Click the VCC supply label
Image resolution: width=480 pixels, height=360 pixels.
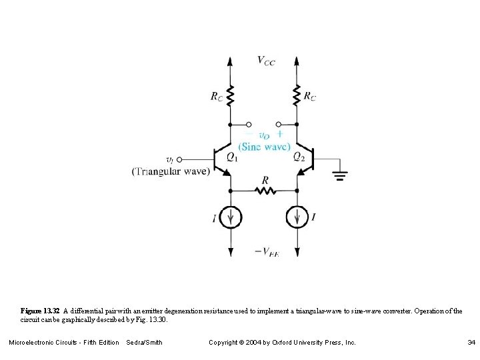tap(265, 61)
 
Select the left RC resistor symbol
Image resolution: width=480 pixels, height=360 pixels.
tap(231, 95)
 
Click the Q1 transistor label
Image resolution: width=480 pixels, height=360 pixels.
tap(231, 157)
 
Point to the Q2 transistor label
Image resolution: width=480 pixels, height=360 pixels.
tap(299, 157)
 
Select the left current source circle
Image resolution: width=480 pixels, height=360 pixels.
tap(231, 217)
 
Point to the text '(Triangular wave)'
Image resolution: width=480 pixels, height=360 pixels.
tap(171, 171)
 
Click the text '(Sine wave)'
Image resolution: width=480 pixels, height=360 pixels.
tap(264, 146)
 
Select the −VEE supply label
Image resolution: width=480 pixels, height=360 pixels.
tap(267, 252)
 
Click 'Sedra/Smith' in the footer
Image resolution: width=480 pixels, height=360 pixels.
tap(144, 343)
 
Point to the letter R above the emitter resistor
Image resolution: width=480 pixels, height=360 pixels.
tap(265, 180)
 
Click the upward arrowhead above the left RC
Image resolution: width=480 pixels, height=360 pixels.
tap(231, 61)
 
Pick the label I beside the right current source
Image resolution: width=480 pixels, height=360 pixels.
tap(313, 217)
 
